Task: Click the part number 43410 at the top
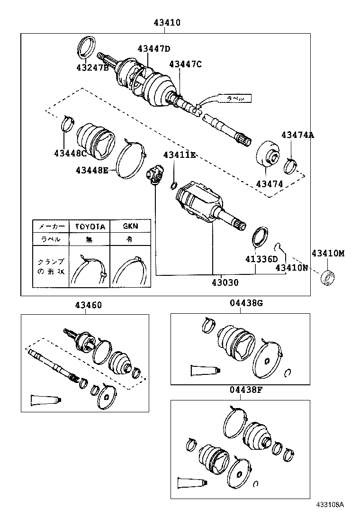[x=167, y=22]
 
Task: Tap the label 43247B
[x=92, y=68]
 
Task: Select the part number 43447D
[x=154, y=48]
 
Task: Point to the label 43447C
[x=185, y=64]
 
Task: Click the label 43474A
[x=297, y=135]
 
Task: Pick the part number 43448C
[x=70, y=153]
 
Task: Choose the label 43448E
[x=92, y=170]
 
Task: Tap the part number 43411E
[x=180, y=154]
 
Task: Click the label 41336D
[x=261, y=259]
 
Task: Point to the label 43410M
[x=328, y=254]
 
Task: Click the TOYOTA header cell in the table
[x=90, y=226]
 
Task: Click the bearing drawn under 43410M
[x=327, y=278]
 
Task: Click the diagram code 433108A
[x=330, y=518]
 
